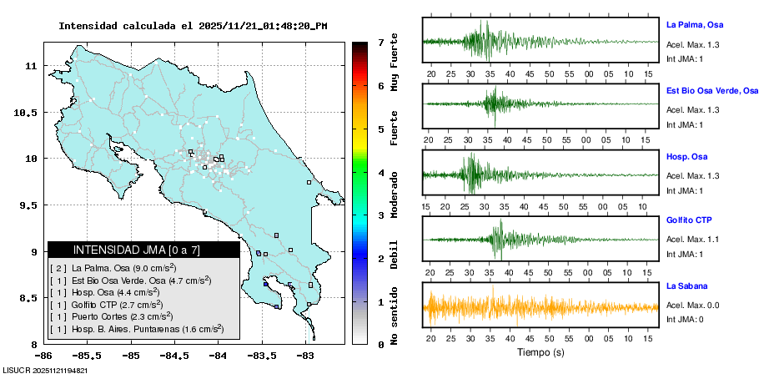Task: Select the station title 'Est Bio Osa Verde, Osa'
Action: (711, 90)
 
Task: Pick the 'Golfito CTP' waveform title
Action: (690, 220)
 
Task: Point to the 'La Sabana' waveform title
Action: (686, 286)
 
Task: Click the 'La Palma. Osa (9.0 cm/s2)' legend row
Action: (124, 267)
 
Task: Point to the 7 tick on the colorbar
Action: (379, 42)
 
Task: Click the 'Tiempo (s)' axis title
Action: (540, 352)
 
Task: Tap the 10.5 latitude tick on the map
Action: (30, 112)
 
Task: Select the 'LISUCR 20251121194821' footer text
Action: (46, 370)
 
